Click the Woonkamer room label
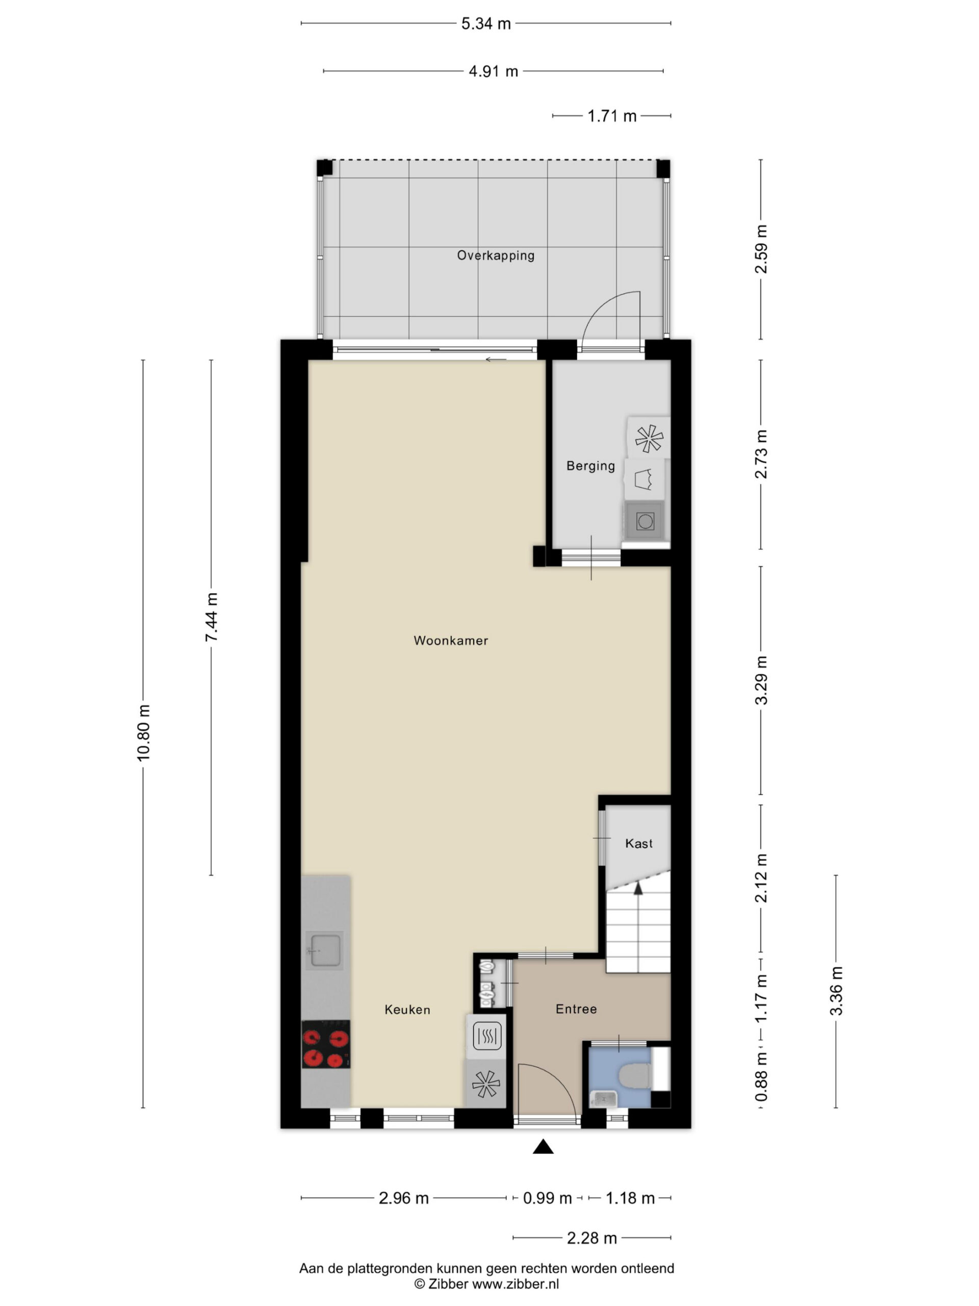tap(451, 641)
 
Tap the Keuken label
tap(407, 1010)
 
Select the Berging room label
tap(590, 466)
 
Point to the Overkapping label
tap(496, 256)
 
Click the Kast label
tap(638, 844)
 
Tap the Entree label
tap(576, 1009)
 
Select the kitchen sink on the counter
tap(324, 949)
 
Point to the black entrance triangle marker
tap(543, 1147)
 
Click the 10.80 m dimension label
tap(143, 732)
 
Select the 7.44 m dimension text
tap(211, 617)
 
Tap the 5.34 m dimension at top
tap(485, 23)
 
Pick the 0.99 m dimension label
tap(548, 1198)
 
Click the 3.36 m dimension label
tap(836, 991)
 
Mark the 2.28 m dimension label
tap(592, 1238)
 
